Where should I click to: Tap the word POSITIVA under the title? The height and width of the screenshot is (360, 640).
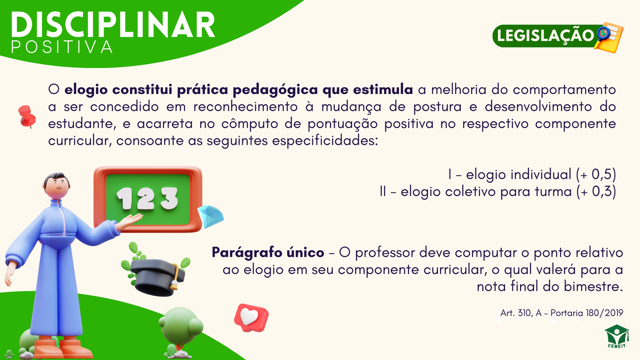click(x=62, y=47)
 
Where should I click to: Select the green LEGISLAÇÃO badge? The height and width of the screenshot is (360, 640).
click(x=546, y=36)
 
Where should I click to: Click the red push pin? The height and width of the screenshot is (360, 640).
click(x=27, y=116)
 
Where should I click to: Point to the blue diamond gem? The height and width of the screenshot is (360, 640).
click(x=211, y=216)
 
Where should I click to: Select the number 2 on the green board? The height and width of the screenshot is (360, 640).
click(x=146, y=198)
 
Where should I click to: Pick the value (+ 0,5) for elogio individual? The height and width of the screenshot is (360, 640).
click(x=596, y=174)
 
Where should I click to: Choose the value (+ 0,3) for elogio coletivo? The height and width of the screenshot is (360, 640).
click(x=596, y=192)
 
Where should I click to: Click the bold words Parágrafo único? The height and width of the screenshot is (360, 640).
click(x=268, y=252)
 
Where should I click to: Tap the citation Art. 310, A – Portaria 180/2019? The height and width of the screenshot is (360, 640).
click(x=562, y=313)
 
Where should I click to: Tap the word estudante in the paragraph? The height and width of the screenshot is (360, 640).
click(x=82, y=124)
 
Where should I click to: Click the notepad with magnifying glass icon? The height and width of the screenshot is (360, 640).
click(x=609, y=38)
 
